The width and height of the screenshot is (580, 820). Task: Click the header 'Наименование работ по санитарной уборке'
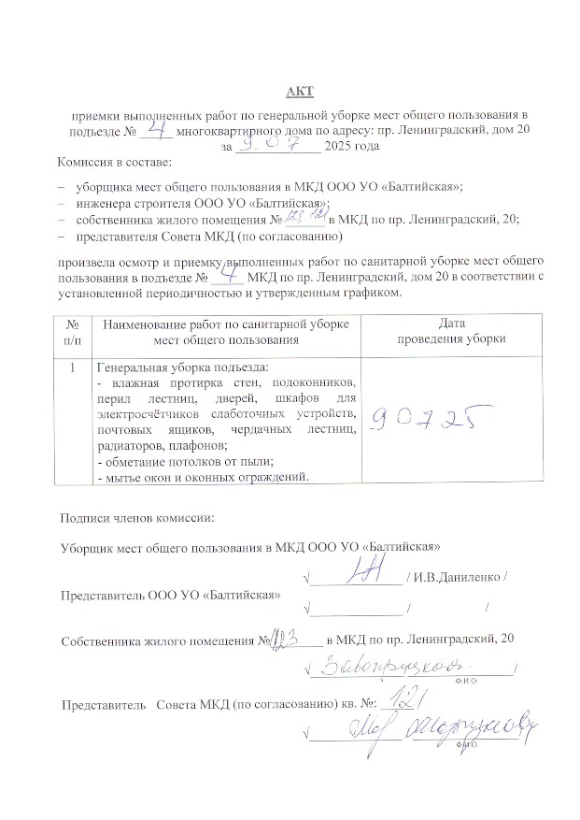point(226,324)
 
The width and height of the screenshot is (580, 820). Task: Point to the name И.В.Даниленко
point(459,576)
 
